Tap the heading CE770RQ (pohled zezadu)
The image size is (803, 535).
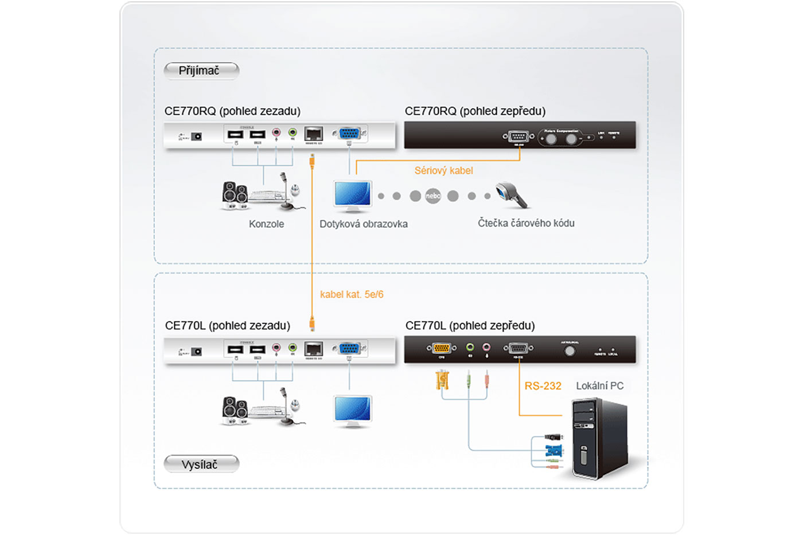(x=232, y=111)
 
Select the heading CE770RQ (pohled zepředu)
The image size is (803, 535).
(x=475, y=111)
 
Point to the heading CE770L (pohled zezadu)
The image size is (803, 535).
(x=228, y=326)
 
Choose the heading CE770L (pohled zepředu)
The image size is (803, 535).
(x=470, y=326)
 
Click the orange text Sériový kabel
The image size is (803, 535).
(x=443, y=170)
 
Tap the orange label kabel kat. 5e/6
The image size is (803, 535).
(x=352, y=294)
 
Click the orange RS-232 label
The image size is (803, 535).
(x=543, y=386)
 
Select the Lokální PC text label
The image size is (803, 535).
(x=599, y=386)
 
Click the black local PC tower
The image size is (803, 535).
(x=599, y=439)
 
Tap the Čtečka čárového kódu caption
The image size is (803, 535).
(x=526, y=223)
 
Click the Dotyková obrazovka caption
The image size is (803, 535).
(x=364, y=224)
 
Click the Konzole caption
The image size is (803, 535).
(x=266, y=224)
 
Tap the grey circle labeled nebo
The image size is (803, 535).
(x=433, y=196)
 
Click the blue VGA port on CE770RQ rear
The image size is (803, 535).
(x=349, y=134)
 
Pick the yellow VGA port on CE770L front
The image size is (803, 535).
(x=441, y=347)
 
